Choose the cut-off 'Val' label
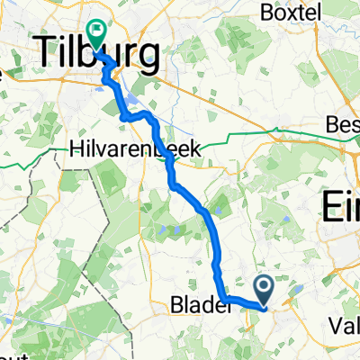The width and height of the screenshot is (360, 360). pos(345,325)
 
